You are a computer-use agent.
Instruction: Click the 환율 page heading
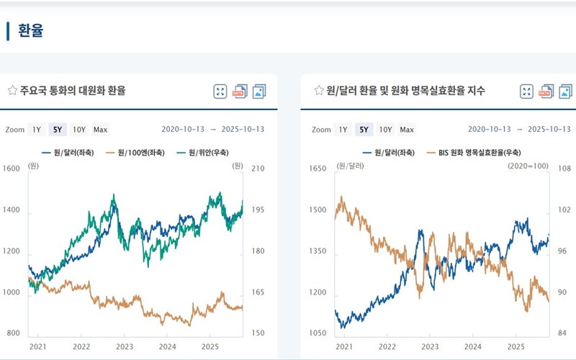[x=30, y=31]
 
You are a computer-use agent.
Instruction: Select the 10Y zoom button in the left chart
[x=78, y=130]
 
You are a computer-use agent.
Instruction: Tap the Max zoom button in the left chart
[x=100, y=130]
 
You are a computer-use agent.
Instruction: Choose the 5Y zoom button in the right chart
[x=364, y=130]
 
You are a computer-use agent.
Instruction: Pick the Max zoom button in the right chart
[x=407, y=130]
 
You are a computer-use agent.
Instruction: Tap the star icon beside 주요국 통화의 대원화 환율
[x=12, y=91]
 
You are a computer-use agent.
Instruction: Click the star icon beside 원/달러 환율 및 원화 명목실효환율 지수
[x=319, y=91]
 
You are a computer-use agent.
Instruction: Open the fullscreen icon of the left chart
[x=220, y=91]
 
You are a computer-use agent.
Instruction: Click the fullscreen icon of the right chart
[x=527, y=91]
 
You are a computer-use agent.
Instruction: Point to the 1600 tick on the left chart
[x=12, y=168]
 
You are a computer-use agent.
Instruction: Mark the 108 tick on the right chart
[x=564, y=168]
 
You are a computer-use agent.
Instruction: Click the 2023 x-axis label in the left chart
[x=125, y=346]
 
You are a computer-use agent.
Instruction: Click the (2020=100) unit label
[x=529, y=166]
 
